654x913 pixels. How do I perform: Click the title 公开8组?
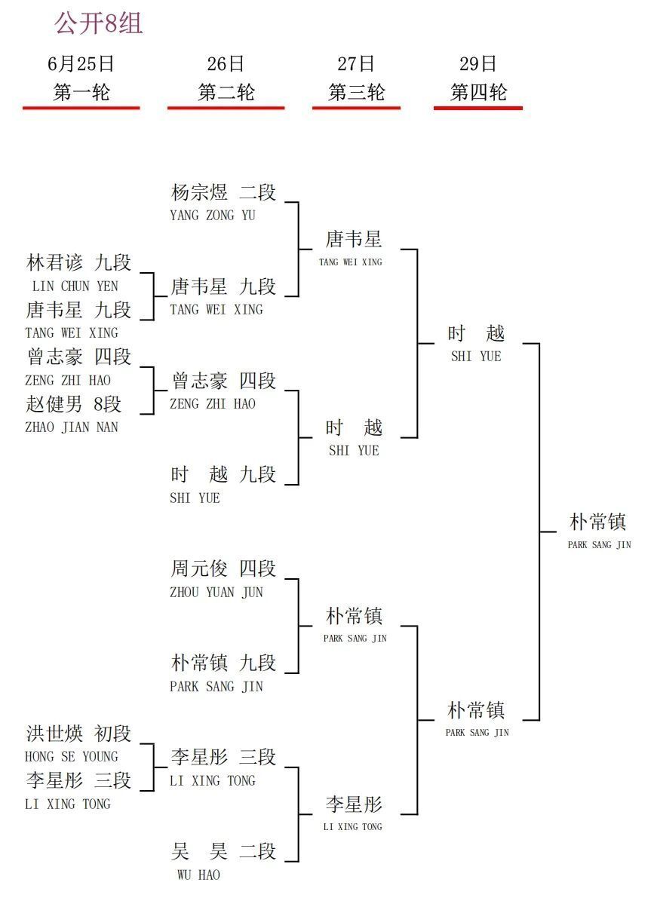[x=99, y=23]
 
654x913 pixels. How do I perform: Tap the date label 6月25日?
[x=81, y=63]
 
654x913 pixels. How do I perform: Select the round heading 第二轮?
[x=226, y=92]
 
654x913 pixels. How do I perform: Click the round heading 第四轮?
[x=478, y=92]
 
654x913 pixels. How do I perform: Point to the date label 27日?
[x=356, y=63]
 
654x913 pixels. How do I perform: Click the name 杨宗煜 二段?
[x=223, y=192]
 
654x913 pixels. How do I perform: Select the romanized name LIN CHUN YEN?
[x=75, y=286]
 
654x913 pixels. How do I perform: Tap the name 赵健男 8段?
[x=74, y=404]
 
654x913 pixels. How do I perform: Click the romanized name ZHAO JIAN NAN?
[x=72, y=427]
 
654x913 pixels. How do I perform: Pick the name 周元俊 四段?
[x=223, y=568]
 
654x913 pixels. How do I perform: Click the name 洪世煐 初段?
[x=78, y=734]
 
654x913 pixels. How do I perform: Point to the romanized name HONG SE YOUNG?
[x=72, y=756]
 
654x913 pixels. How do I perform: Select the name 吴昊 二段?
[x=223, y=851]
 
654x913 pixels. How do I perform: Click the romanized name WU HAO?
[x=198, y=875]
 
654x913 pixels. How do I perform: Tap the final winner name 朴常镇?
[x=597, y=522]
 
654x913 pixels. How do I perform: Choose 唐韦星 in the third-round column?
[x=354, y=239]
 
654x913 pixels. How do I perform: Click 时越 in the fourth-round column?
[x=476, y=333]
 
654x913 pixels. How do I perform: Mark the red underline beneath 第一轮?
[x=81, y=108]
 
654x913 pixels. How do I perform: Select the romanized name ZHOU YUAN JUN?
[x=216, y=592]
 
